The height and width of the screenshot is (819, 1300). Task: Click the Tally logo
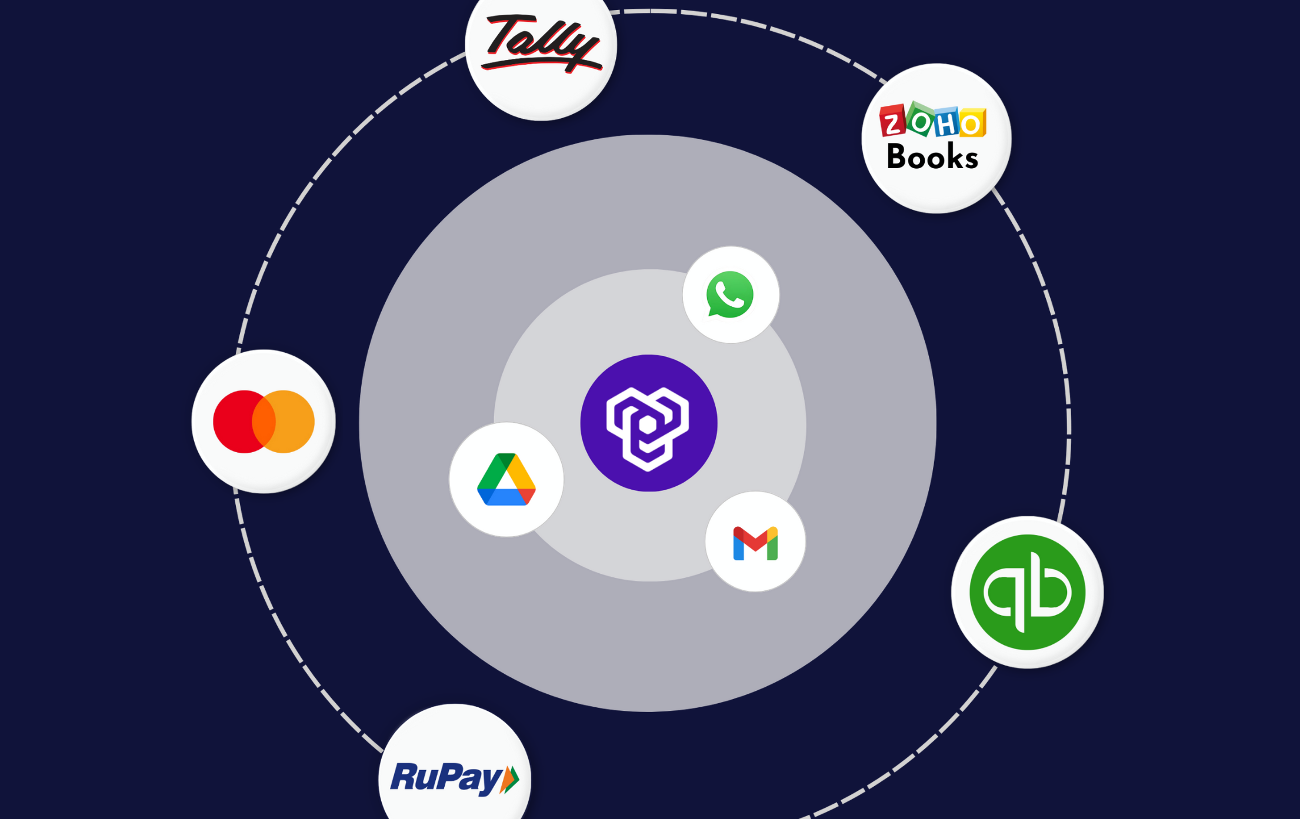coord(541,42)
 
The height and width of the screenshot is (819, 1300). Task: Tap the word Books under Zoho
coord(932,157)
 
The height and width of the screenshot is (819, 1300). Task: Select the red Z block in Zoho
coord(892,122)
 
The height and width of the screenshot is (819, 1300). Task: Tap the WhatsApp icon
coord(730,295)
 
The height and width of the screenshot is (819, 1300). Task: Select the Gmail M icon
coord(755,543)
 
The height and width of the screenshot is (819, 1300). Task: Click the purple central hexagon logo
coord(648,423)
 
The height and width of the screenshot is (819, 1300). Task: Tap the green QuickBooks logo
coord(1027,592)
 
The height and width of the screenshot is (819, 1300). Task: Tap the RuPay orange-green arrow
coord(510,780)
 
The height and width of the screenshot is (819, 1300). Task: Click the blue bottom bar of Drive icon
coord(506,497)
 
